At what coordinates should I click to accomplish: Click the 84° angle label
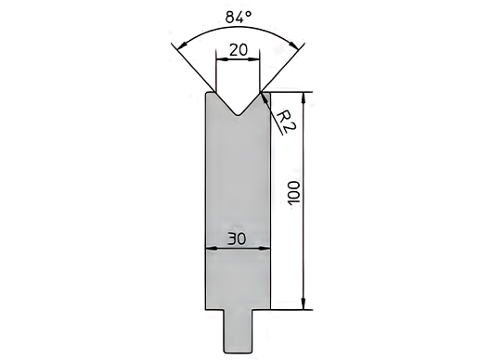pos(239,17)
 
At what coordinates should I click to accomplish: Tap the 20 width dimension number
pos(239,50)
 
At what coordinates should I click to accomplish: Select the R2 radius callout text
pos(285,121)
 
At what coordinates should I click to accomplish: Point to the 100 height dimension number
pos(293,193)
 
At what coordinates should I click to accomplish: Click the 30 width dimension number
pos(237,238)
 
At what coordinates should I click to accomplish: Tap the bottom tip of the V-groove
pos(238,116)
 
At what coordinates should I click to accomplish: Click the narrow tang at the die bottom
pos(238,331)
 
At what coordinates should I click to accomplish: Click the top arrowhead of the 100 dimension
pos(304,97)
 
